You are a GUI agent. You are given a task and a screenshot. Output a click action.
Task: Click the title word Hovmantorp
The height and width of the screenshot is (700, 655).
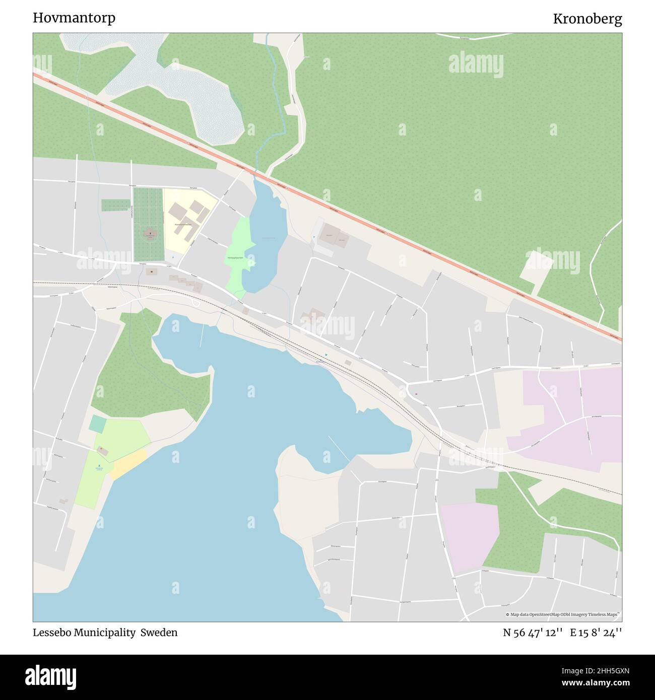pyautogui.click(x=74, y=18)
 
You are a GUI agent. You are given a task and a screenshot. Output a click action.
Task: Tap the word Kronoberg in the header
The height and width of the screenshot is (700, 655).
pyautogui.click(x=587, y=19)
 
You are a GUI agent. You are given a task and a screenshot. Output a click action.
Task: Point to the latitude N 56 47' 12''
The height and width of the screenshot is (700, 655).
pyautogui.click(x=533, y=633)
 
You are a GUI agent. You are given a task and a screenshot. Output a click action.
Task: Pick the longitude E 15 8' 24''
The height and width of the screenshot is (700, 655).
pyautogui.click(x=596, y=633)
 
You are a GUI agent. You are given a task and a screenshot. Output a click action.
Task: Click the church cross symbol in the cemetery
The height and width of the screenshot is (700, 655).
pyautogui.click(x=150, y=233)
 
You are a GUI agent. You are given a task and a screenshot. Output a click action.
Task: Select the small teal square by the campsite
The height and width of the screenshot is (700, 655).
pyautogui.click(x=97, y=424)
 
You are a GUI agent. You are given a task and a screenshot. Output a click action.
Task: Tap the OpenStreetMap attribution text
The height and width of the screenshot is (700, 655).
pyautogui.click(x=563, y=614)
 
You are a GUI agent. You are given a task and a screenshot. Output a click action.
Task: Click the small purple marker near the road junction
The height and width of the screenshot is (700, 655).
pyautogui.click(x=416, y=393)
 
